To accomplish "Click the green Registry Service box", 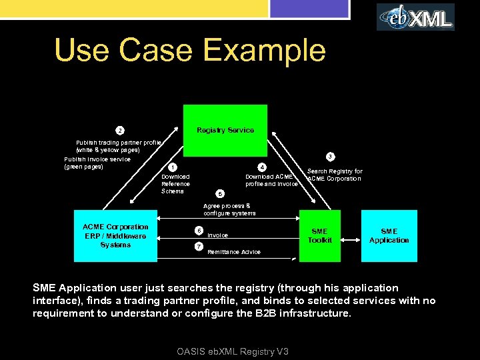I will (225, 130).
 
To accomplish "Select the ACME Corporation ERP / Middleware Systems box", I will (115, 236).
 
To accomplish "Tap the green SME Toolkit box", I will (319, 236).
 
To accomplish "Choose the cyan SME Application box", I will (389, 236).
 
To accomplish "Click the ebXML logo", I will (415, 17).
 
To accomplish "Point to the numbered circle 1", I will (172, 167).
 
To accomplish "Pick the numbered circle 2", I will (119, 129).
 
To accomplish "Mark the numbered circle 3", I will (329, 157).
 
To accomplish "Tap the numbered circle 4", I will (262, 167).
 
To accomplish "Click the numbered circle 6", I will (199, 231).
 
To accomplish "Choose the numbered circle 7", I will (199, 247).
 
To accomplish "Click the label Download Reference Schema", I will (176, 184).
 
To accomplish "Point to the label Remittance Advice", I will (234, 252).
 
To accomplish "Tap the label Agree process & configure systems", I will (229, 209).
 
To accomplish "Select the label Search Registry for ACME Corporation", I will (335, 175).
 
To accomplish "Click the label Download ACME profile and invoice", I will (271, 180).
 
